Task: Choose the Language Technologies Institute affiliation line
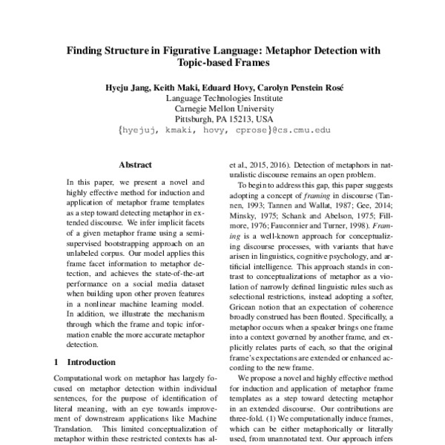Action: (222, 98)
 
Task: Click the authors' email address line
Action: (223, 129)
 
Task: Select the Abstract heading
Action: (134, 164)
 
